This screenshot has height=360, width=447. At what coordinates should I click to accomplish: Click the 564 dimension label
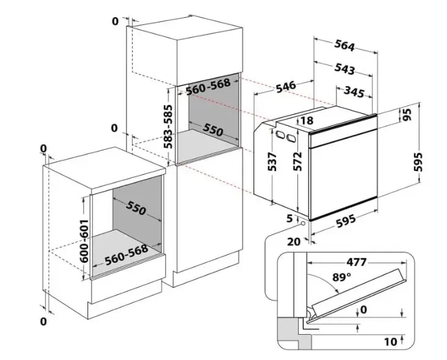344,45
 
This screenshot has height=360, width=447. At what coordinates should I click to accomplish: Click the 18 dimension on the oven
307,121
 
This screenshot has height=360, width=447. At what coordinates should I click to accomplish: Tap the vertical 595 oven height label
418,161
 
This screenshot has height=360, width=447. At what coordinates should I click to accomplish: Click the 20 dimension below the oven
294,241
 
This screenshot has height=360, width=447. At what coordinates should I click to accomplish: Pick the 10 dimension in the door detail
390,340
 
